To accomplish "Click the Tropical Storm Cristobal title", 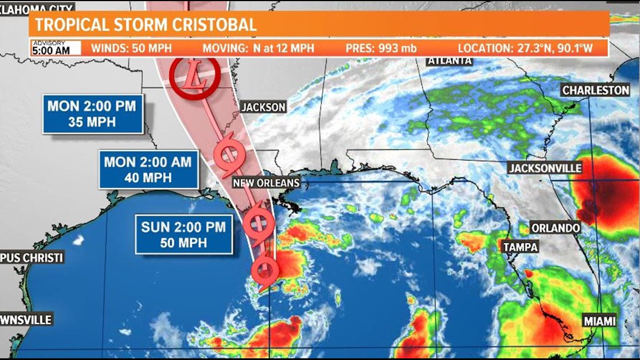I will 145,24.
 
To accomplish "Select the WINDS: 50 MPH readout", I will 131,48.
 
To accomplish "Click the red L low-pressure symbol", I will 193,79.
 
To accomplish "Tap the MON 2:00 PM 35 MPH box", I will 93,113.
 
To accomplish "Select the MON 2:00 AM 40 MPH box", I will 149,169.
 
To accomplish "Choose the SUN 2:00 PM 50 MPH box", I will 184,234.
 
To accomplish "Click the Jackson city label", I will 263,107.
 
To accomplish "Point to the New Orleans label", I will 266,183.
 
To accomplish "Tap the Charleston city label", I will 596,90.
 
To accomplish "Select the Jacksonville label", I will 545,168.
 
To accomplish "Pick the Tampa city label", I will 520,247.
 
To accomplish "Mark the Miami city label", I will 599,321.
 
